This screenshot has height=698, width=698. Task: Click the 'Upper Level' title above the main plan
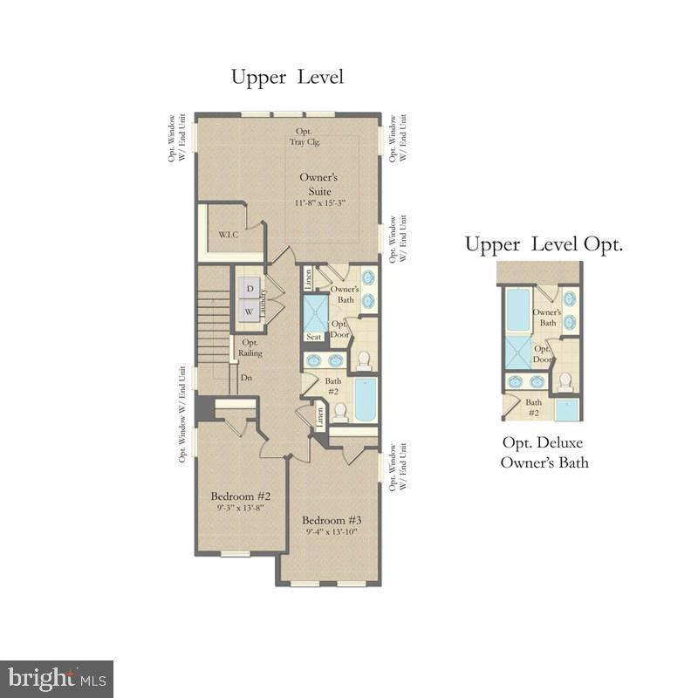pos(287,77)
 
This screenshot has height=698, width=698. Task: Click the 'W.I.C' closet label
pos(229,234)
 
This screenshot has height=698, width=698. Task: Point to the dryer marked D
pos(249,288)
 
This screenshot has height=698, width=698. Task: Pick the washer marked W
pos(249,311)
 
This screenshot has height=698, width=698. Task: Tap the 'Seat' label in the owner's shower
pos(312,336)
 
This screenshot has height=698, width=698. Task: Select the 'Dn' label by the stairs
pos(246,378)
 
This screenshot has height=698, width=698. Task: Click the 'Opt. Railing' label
pos(250,347)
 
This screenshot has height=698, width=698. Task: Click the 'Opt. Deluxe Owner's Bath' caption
pos(544,453)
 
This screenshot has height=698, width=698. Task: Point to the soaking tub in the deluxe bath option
pos(518,311)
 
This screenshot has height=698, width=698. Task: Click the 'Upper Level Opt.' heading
pos(544,244)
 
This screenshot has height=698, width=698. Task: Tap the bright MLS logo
pos(57,678)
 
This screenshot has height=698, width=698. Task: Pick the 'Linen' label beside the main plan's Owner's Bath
pos(308,278)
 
